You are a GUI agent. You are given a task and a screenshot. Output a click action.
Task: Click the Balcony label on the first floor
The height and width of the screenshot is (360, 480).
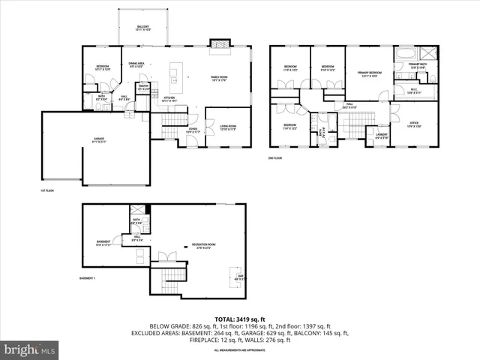click(142, 28)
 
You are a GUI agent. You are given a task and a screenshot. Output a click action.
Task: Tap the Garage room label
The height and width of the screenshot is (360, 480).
click(98, 140)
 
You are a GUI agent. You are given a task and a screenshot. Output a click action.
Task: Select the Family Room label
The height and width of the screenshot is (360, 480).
click(220, 78)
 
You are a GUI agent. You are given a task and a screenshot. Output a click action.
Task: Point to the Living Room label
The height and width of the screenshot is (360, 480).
click(228, 127)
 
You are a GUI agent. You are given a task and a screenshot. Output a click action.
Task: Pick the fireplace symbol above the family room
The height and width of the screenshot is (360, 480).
click(218, 44)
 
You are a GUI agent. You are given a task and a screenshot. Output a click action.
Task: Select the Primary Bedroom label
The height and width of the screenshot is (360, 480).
click(369, 74)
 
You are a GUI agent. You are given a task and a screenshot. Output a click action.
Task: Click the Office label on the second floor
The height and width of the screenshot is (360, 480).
click(413, 125)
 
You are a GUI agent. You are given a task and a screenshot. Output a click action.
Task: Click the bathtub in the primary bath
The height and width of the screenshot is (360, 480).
click(403, 54)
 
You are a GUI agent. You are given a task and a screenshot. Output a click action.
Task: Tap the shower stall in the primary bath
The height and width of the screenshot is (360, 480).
click(428, 54)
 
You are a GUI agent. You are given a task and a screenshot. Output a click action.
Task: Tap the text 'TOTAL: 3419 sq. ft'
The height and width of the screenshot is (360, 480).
click(239, 319)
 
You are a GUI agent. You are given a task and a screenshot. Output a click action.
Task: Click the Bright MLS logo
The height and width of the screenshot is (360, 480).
click(30, 349)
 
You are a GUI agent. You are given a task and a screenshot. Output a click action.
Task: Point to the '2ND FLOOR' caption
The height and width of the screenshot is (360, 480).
click(275, 158)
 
